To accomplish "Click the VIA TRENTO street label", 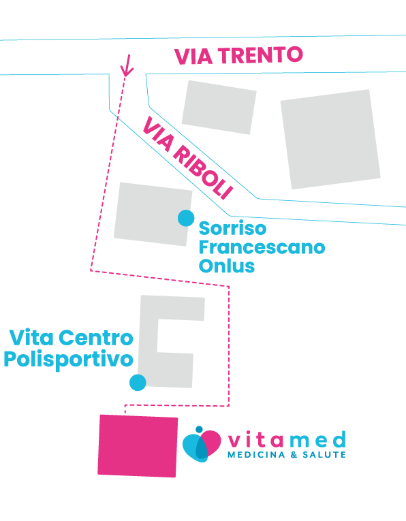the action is pyautogui.click(x=238, y=55).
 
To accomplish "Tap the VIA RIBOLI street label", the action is pyautogui.click(x=188, y=158).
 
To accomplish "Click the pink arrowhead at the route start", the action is pyautogui.click(x=127, y=66).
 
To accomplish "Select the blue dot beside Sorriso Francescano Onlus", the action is pyautogui.click(x=186, y=218).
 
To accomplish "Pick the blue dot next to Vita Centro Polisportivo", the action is pyautogui.click(x=138, y=383).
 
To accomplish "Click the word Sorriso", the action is pyautogui.click(x=232, y=228).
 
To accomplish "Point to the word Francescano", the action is pyautogui.click(x=262, y=247).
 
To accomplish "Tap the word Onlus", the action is pyautogui.click(x=227, y=266).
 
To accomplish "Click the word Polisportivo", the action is pyautogui.click(x=68, y=360).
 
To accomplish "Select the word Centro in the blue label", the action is pyautogui.click(x=95, y=338).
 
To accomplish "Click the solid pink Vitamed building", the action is pyautogui.click(x=138, y=446).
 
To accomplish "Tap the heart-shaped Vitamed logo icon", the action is pyautogui.click(x=202, y=444).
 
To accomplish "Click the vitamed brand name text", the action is pyautogui.click(x=287, y=439).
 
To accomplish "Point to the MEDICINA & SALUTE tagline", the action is pyautogui.click(x=286, y=454).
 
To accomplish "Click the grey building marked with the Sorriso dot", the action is pyautogui.click(x=153, y=215).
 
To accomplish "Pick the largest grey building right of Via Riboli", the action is pyautogui.click(x=330, y=139).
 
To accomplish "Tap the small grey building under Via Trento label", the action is pyautogui.click(x=219, y=108).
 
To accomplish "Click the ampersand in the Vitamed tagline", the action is pyautogui.click(x=294, y=454).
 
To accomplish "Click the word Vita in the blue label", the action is pyautogui.click(x=31, y=338).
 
